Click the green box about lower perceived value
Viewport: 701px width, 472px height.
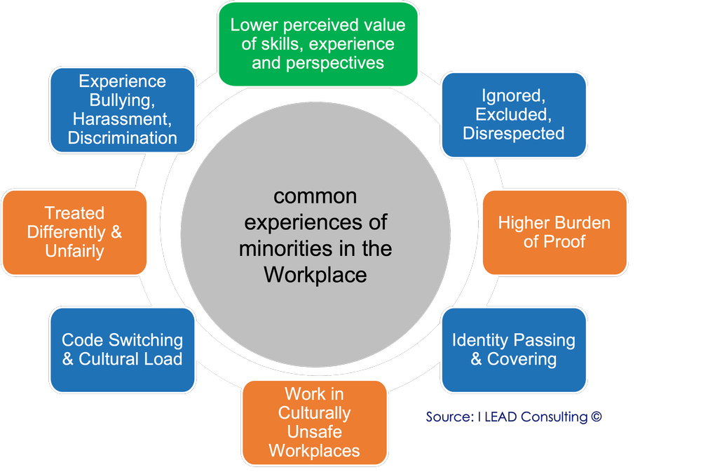(318, 43)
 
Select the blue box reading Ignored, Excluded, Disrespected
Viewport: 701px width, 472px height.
(514, 114)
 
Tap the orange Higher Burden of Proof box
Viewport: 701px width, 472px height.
(554, 232)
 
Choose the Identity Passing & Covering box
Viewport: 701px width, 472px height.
(514, 349)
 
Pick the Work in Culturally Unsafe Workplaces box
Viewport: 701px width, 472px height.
(314, 422)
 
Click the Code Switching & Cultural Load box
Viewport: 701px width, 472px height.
(122, 349)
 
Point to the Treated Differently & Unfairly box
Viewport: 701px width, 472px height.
(74, 232)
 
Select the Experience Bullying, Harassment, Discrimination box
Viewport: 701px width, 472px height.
(122, 109)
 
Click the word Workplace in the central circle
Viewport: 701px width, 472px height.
(315, 275)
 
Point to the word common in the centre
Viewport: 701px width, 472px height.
(315, 196)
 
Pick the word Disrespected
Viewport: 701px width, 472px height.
(514, 133)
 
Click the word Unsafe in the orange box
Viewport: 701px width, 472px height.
(314, 431)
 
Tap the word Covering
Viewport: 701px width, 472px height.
(523, 359)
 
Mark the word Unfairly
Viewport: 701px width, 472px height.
(74, 251)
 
